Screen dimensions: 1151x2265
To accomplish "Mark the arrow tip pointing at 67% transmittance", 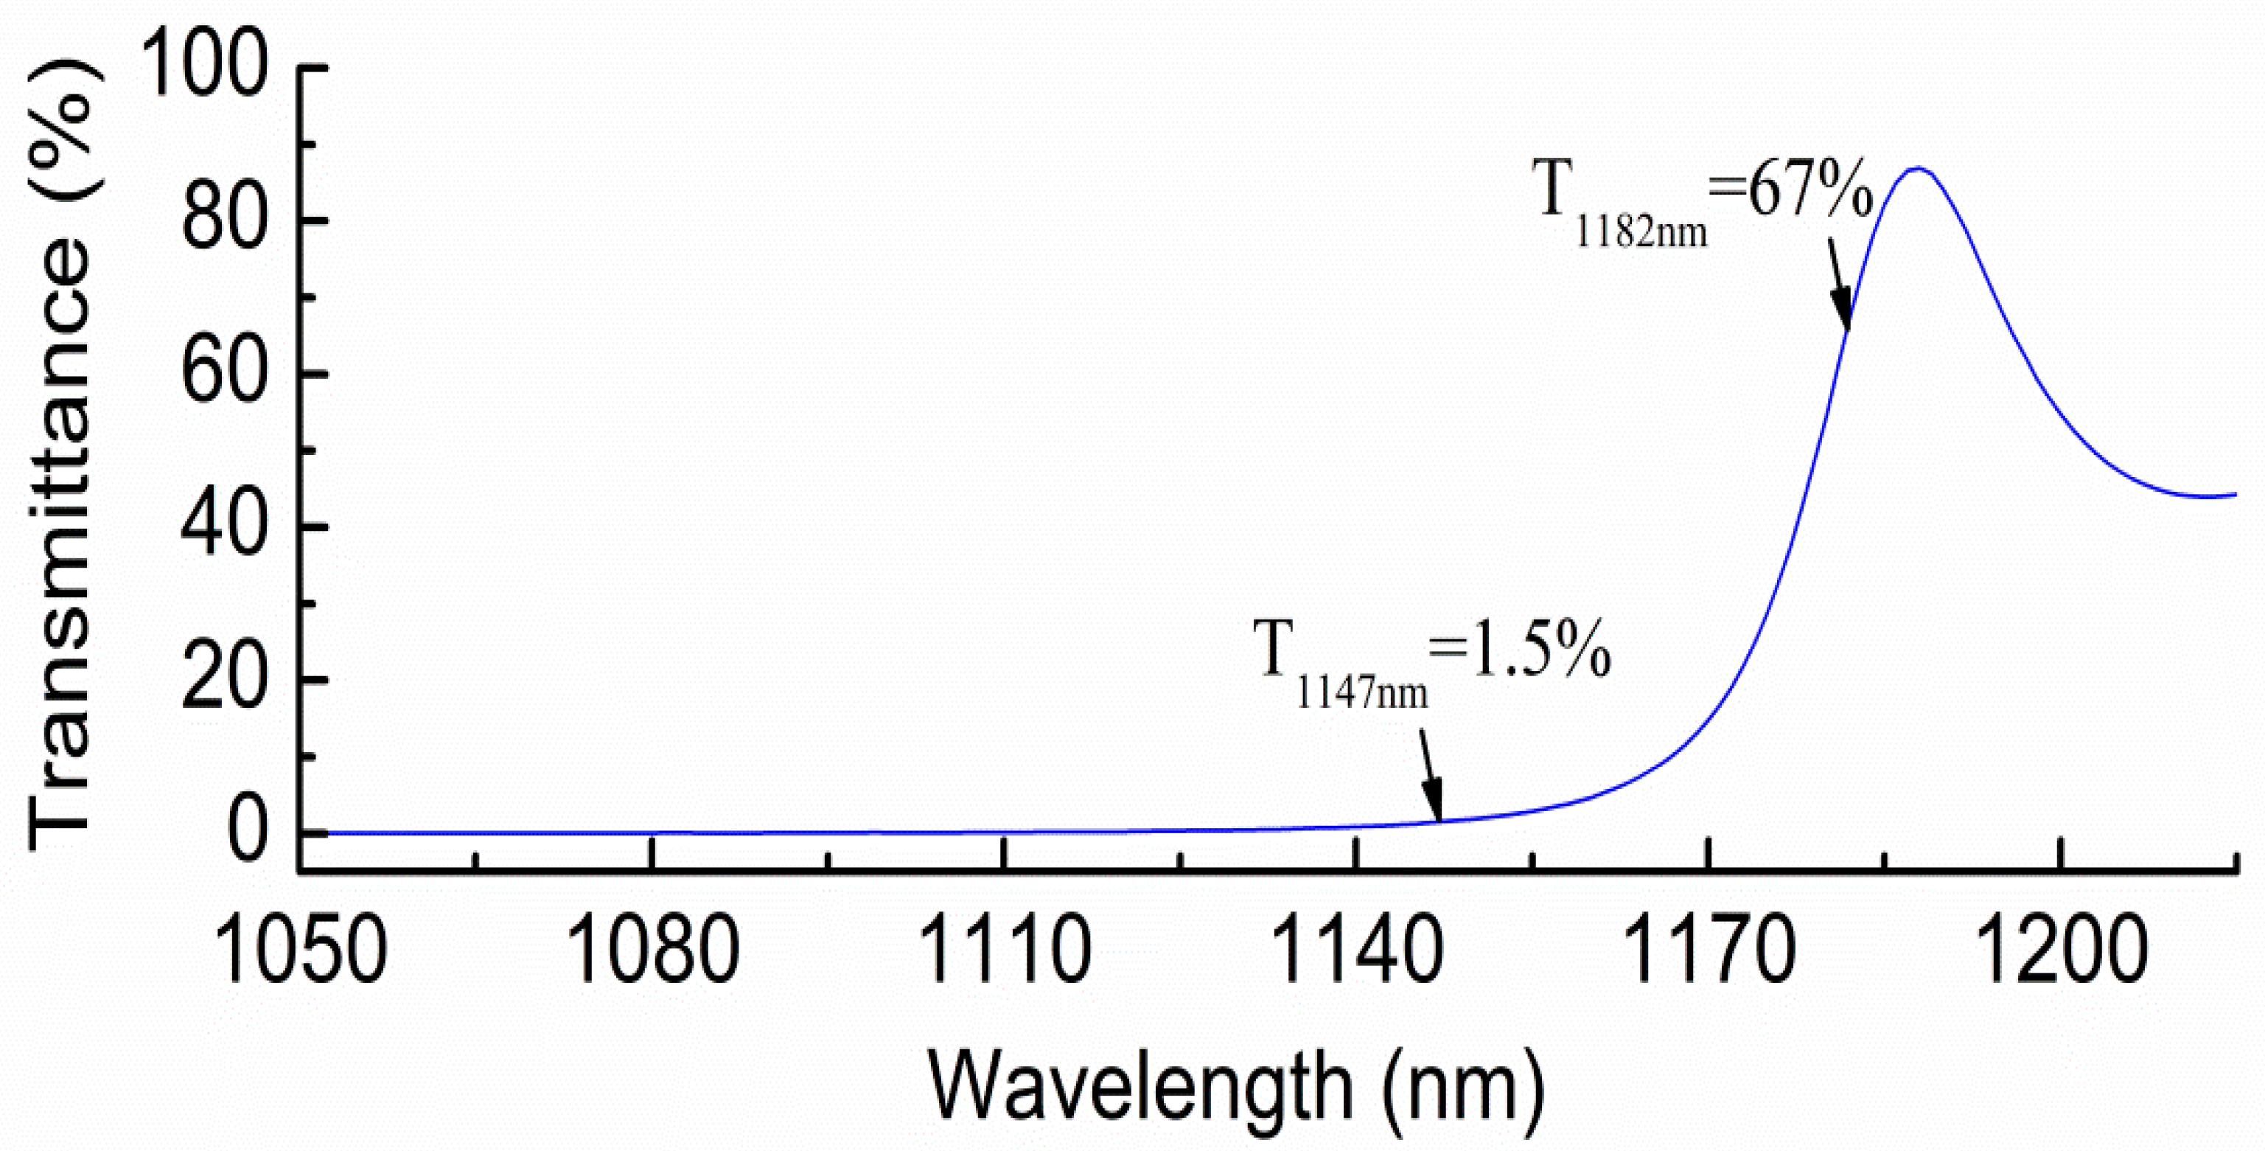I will [1846, 330].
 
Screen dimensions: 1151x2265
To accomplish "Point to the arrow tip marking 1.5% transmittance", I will [1439, 821].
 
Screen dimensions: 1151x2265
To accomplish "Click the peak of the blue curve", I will [1917, 168].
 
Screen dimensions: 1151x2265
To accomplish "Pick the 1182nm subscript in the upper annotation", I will [1641, 233].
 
